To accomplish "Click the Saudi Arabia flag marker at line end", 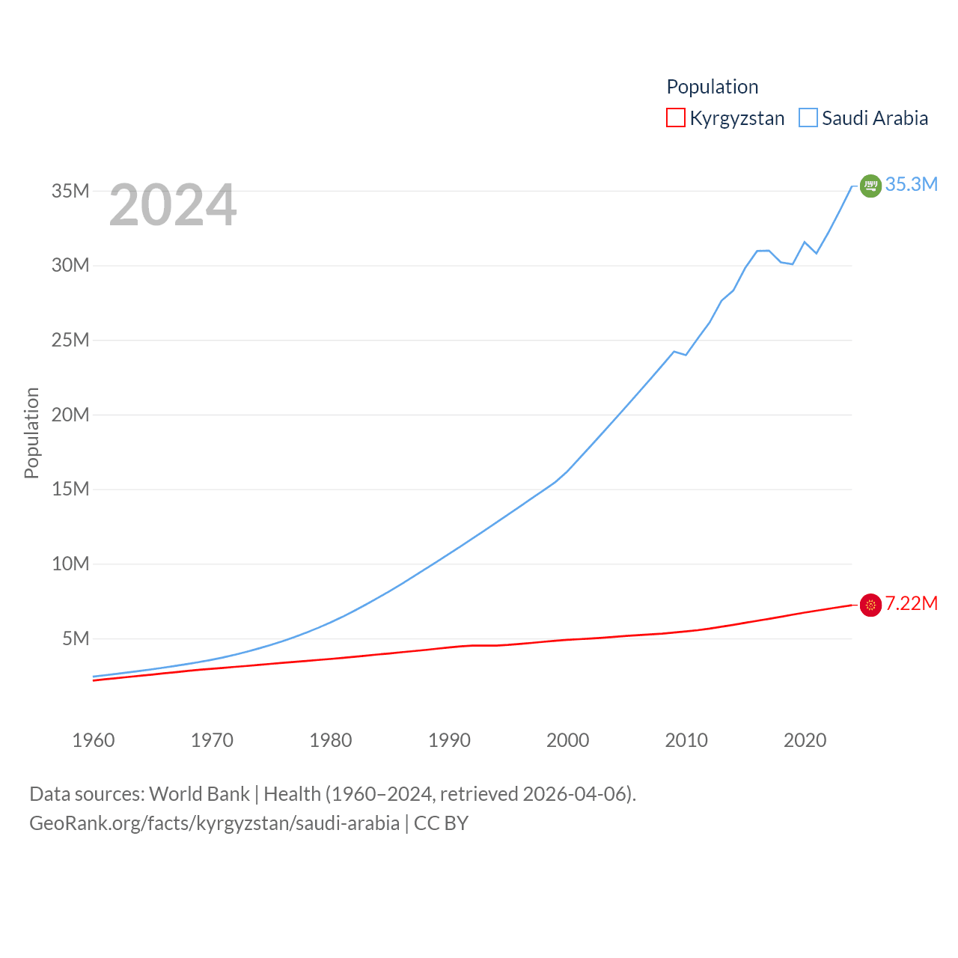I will tap(870, 186).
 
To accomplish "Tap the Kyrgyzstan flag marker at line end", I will tap(870, 605).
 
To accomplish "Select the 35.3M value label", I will tap(911, 184).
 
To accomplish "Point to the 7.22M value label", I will tap(911, 603).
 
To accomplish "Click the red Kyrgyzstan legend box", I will tap(676, 118).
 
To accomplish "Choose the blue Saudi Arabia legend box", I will tap(808, 118).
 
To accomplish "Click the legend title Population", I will tap(712, 87).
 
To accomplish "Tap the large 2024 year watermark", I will tap(173, 205).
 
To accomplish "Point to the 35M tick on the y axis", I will tap(70, 191).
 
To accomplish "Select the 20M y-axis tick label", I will tap(70, 415).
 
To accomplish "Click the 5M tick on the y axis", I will tap(76, 638).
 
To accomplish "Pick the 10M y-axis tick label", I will tap(70, 564).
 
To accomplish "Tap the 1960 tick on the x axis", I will tap(94, 740).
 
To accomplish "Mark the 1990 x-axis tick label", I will tap(449, 740).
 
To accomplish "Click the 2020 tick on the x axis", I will tap(805, 740).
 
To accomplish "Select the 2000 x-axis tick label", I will tap(567, 740).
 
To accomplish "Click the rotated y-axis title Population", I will tap(31, 433).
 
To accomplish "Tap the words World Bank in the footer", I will tap(199, 793).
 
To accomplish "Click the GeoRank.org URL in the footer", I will tap(214, 823).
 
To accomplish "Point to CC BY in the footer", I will tap(441, 823).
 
